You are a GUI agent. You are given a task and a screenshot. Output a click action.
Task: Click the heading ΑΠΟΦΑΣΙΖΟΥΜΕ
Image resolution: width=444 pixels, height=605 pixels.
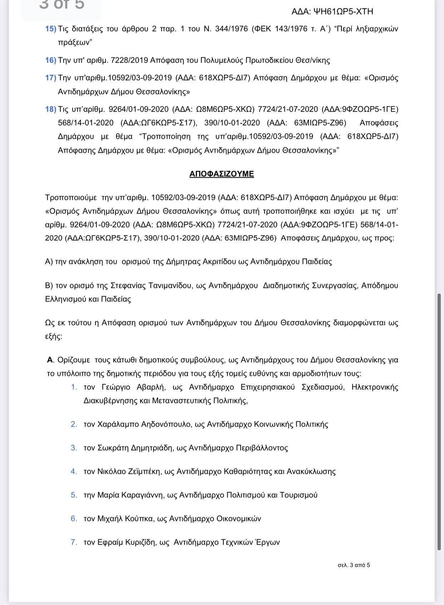(x=222, y=174)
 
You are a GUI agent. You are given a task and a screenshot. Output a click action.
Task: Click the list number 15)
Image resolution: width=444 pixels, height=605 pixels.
(x=50, y=29)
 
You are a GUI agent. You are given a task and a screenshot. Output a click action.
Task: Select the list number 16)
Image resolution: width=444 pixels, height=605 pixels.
(x=50, y=60)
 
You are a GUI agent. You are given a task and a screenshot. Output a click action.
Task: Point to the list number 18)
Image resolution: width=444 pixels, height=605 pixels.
(x=50, y=109)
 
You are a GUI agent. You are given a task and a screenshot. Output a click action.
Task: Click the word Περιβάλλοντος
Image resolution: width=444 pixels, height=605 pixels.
(x=262, y=448)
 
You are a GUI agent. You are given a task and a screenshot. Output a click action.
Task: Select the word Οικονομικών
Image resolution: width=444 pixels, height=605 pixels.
(x=239, y=519)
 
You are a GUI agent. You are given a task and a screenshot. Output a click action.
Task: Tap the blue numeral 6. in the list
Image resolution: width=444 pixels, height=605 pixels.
(x=74, y=519)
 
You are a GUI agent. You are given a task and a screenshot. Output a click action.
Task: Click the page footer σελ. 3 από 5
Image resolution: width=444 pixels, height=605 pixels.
(x=354, y=565)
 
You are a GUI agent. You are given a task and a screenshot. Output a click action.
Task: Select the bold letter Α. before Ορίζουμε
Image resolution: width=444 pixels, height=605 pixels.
(x=50, y=360)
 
